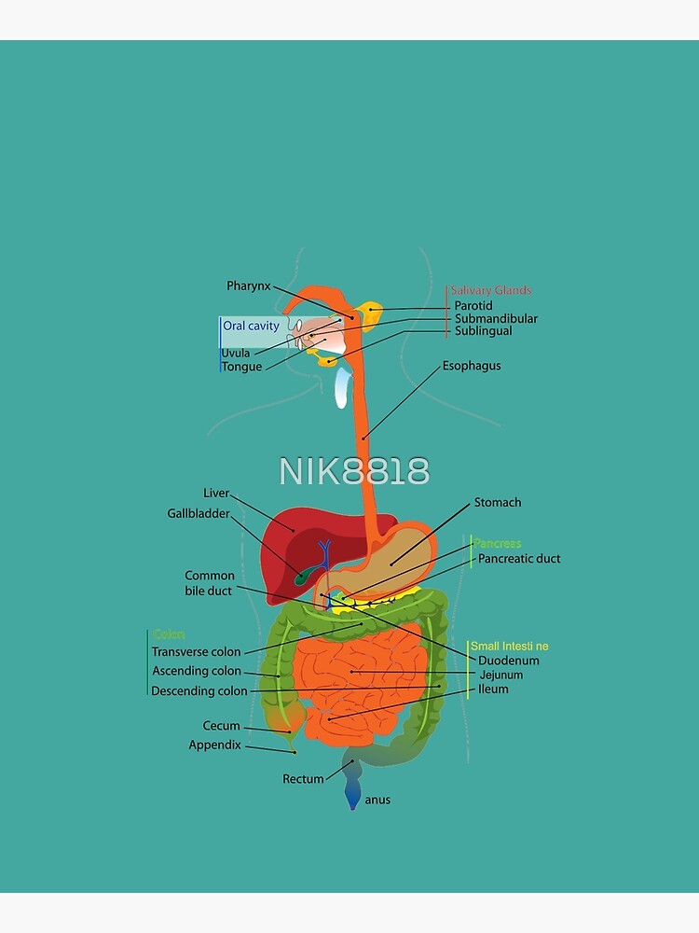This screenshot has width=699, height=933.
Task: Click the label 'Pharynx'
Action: pyautogui.click(x=248, y=286)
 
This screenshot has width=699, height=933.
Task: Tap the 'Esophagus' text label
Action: pyautogui.click(x=472, y=366)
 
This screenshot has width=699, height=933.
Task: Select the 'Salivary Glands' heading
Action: pyautogui.click(x=490, y=290)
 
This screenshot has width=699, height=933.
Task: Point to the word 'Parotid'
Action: pyautogui.click(x=473, y=305)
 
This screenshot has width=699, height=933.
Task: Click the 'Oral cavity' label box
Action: pyautogui.click(x=250, y=326)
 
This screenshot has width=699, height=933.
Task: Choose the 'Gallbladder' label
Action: pyautogui.click(x=198, y=513)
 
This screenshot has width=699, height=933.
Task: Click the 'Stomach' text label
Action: pyautogui.click(x=498, y=503)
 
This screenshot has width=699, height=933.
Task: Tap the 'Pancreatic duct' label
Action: pyautogui.click(x=519, y=559)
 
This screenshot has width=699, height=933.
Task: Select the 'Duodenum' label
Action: pyautogui.click(x=508, y=661)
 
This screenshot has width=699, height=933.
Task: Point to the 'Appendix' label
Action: pyautogui.click(x=214, y=745)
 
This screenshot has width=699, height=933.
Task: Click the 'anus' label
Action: pyautogui.click(x=377, y=800)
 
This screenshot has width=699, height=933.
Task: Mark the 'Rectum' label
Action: pyautogui.click(x=303, y=779)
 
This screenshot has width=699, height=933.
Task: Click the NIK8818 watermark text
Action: pyautogui.click(x=354, y=472)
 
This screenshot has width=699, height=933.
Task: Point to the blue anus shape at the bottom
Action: pyautogui.click(x=352, y=795)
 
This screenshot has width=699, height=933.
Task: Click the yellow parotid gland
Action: pyautogui.click(x=371, y=315)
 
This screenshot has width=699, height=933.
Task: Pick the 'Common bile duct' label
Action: pyautogui.click(x=210, y=583)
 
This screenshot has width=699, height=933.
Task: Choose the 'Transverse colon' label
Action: pyautogui.click(x=196, y=652)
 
